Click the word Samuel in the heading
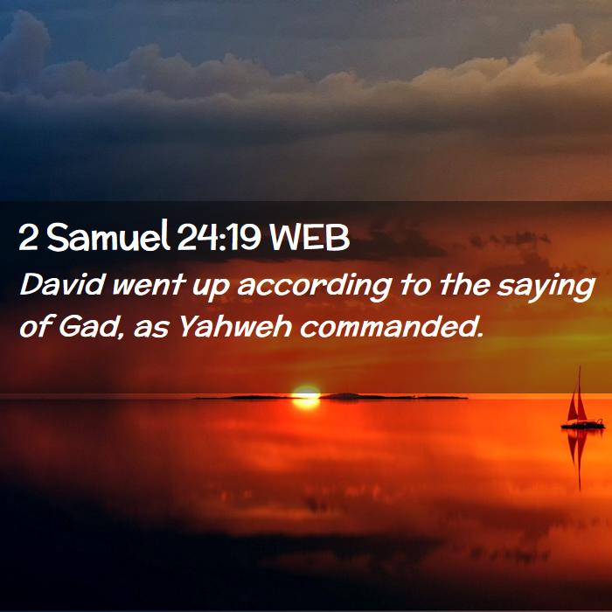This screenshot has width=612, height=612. click(x=108, y=237)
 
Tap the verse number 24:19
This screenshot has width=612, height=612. click(x=219, y=238)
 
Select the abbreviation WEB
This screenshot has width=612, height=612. click(x=309, y=238)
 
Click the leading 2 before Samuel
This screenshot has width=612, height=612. click(x=27, y=238)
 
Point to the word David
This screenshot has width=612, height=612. click(x=63, y=284)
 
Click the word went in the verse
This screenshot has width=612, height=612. click(x=149, y=285)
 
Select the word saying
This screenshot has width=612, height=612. click(x=546, y=288)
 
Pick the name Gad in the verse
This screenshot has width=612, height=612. click(x=88, y=325)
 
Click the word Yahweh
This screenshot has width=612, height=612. click(x=234, y=325)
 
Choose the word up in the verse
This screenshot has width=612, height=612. click(x=210, y=289)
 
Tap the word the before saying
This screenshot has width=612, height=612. click(x=465, y=284)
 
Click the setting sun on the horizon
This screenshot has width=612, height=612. click(x=306, y=397)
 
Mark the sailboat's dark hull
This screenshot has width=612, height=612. click(x=583, y=425)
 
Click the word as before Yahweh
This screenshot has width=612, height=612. click(x=151, y=330)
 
